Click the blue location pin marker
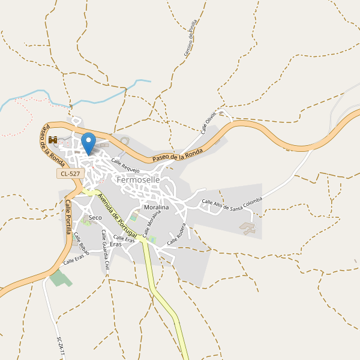(x=88, y=143)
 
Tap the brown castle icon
(x=53, y=140)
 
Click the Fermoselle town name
(x=139, y=179)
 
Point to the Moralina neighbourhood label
(x=157, y=207)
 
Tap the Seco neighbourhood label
(x=95, y=217)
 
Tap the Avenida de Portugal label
(x=117, y=211)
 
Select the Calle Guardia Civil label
(x=106, y=250)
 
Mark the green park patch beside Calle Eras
(x=59, y=278)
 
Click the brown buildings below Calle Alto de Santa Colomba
(x=248, y=228)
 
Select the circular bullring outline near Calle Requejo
(x=124, y=141)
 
